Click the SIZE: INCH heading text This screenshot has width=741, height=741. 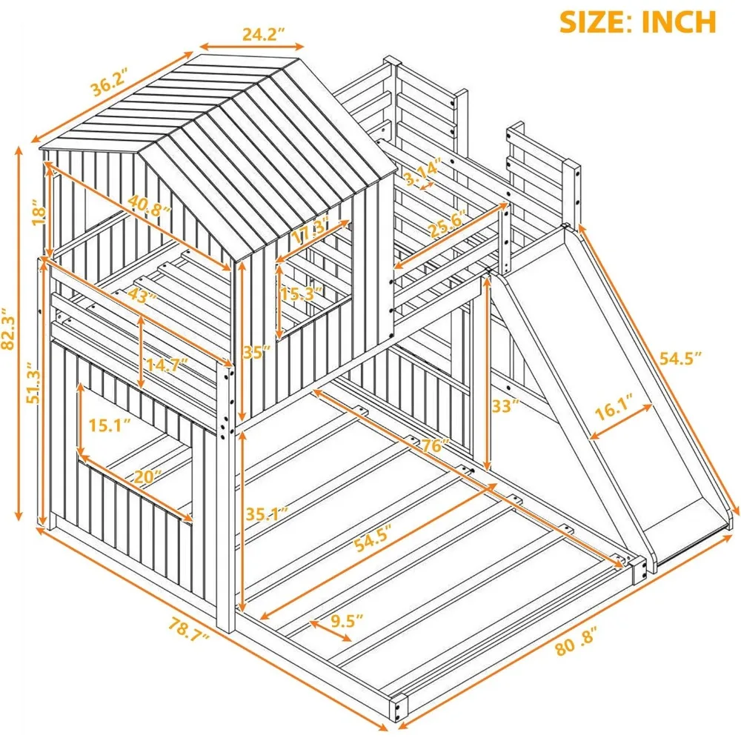pyautogui.click(x=637, y=21)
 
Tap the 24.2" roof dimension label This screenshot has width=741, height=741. pyautogui.click(x=264, y=34)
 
